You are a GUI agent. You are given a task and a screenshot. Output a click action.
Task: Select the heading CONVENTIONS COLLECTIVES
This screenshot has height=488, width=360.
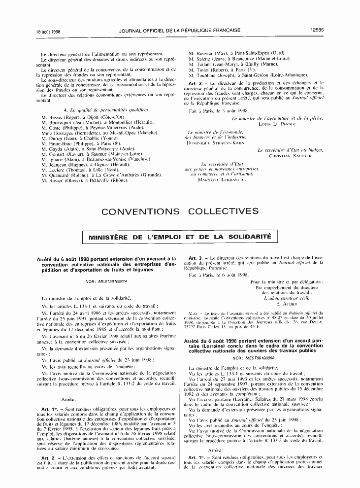pyautogui.click(x=180, y=212)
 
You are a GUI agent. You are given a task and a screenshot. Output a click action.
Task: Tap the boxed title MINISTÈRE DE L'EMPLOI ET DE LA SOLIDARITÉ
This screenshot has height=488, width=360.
pyautogui.click(x=180, y=237)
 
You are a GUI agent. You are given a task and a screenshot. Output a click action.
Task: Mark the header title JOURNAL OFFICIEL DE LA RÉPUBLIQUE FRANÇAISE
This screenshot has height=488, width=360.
pyautogui.click(x=180, y=30)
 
